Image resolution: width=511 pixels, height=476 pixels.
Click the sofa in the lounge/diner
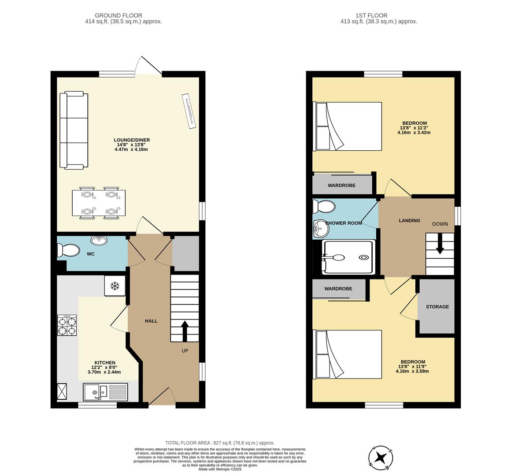point(74,130)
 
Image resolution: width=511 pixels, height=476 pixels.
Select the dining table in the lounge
point(99,203)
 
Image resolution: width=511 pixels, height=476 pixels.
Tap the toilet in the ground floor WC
point(68,251)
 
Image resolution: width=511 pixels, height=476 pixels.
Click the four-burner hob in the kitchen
point(67,326)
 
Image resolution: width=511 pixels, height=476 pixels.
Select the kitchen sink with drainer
point(105,391)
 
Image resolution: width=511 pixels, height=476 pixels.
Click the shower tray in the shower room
point(348,257)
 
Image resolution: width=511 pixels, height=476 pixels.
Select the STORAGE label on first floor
point(437,307)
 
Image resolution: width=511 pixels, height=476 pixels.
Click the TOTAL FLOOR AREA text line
point(220,443)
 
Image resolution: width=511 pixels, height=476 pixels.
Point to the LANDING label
point(409,220)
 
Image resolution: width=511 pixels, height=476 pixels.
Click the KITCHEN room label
point(104,363)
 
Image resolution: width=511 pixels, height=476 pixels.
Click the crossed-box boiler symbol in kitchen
point(62,391)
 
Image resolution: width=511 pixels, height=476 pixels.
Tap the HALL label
point(151,321)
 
